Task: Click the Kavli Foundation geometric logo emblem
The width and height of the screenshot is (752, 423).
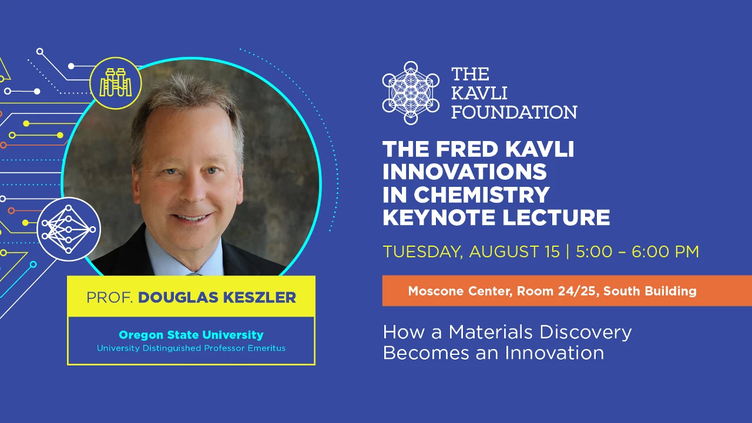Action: click(411, 93)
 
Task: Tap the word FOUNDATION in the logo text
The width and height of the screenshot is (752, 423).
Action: click(514, 112)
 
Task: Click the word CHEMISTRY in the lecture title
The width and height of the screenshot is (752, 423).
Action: click(482, 194)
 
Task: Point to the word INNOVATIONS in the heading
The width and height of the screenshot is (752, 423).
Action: click(465, 172)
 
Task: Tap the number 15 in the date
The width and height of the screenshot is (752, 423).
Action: click(552, 251)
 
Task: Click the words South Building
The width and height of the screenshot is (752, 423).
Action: click(650, 291)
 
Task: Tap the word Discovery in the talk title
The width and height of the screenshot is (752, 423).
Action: click(586, 333)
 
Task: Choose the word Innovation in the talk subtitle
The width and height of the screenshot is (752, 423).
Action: click(554, 353)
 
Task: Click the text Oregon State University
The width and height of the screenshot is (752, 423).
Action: click(191, 335)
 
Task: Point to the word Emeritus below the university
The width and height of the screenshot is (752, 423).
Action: click(267, 348)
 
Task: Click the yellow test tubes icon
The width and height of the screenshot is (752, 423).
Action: click(116, 83)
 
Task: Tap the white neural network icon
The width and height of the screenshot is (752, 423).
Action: click(69, 229)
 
